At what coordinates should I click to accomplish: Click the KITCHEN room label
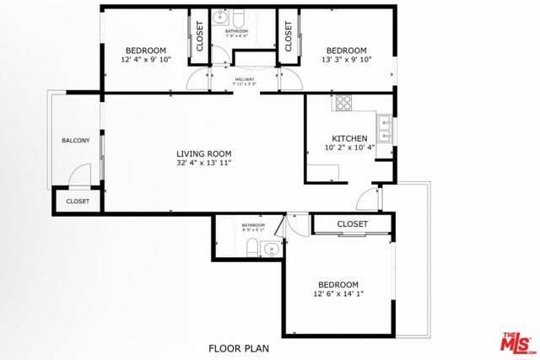click(348, 139)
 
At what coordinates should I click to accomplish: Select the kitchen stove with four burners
click(344, 105)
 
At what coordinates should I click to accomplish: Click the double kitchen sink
click(385, 127)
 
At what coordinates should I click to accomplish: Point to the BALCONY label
click(75, 140)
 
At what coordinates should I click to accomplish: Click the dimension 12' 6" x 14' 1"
click(337, 294)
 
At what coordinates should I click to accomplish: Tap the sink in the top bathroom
click(220, 16)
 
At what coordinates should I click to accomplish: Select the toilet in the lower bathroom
click(251, 247)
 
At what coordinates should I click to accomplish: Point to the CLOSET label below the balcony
click(78, 201)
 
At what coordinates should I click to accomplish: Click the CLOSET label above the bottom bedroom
click(353, 224)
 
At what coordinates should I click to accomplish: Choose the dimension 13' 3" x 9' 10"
click(347, 60)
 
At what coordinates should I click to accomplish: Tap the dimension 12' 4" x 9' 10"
click(146, 60)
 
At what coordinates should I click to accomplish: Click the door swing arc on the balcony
click(78, 175)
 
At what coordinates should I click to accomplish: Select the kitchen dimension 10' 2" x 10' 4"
click(348, 149)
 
